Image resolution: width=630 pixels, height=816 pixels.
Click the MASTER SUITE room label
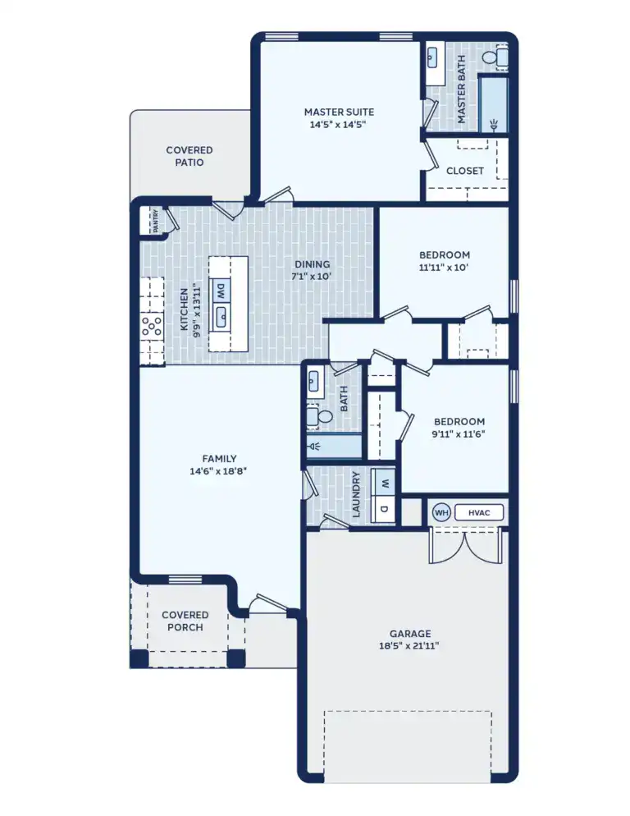339,112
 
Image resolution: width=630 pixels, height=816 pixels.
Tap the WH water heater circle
441,513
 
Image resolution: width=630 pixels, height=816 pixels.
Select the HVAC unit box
478,513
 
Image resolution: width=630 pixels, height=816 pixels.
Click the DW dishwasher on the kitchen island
221,291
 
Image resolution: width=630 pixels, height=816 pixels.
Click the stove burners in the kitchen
152,327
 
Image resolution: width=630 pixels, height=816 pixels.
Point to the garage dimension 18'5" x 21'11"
409,646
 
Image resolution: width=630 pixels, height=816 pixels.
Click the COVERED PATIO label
189,156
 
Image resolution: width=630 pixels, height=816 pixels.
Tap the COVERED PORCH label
185,621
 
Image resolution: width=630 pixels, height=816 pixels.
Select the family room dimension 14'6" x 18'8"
219,471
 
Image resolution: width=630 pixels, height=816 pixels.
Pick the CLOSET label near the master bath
465,171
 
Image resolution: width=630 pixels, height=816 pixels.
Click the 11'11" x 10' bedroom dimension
443,267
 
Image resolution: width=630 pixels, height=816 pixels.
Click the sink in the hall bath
314,383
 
